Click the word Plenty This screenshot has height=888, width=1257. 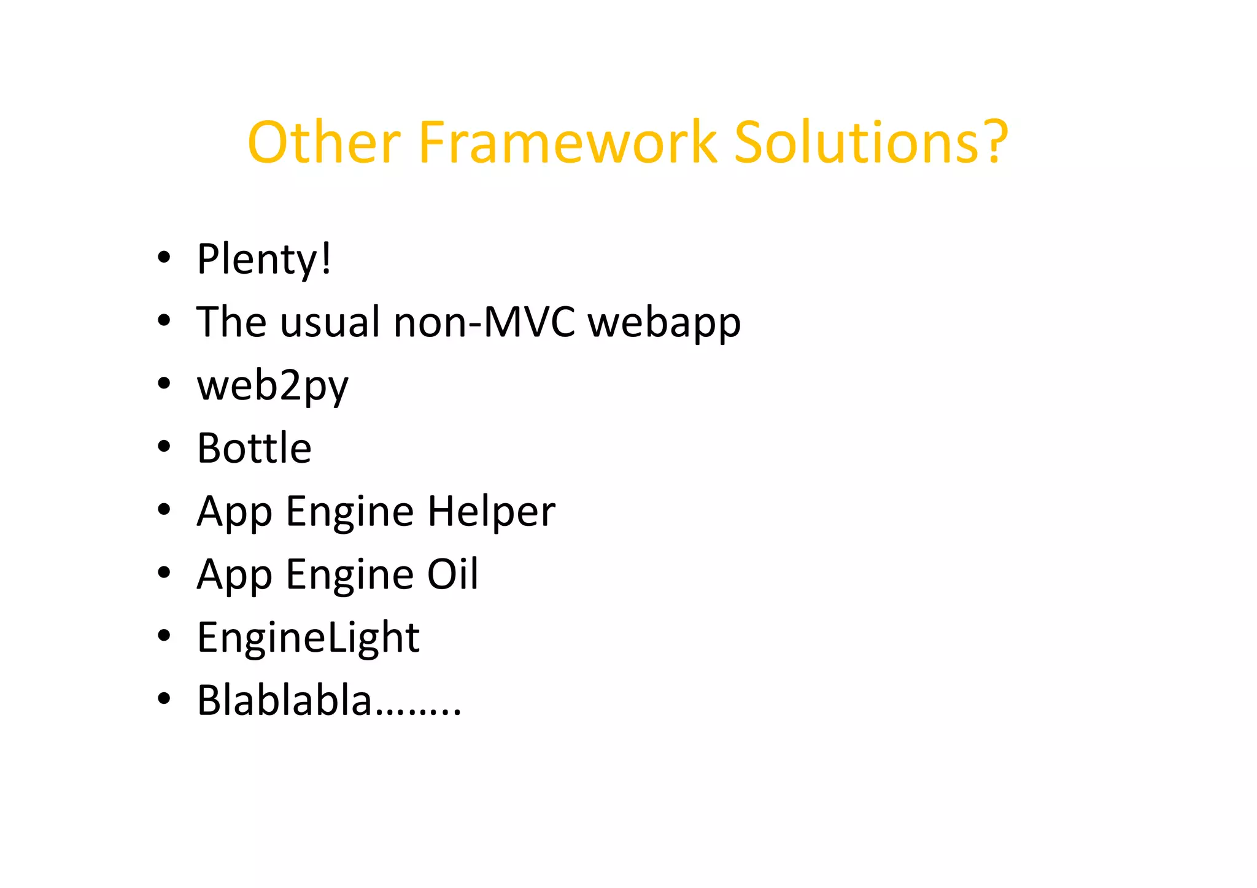(256, 260)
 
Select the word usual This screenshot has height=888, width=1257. (330, 322)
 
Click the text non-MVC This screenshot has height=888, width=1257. (484, 322)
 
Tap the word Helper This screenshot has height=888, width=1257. (491, 512)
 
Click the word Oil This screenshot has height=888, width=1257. (452, 574)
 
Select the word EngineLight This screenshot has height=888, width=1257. (308, 638)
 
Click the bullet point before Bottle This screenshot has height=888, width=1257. (163, 447)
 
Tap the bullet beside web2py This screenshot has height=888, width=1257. (163, 384)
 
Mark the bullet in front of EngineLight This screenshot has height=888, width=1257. (163, 636)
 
